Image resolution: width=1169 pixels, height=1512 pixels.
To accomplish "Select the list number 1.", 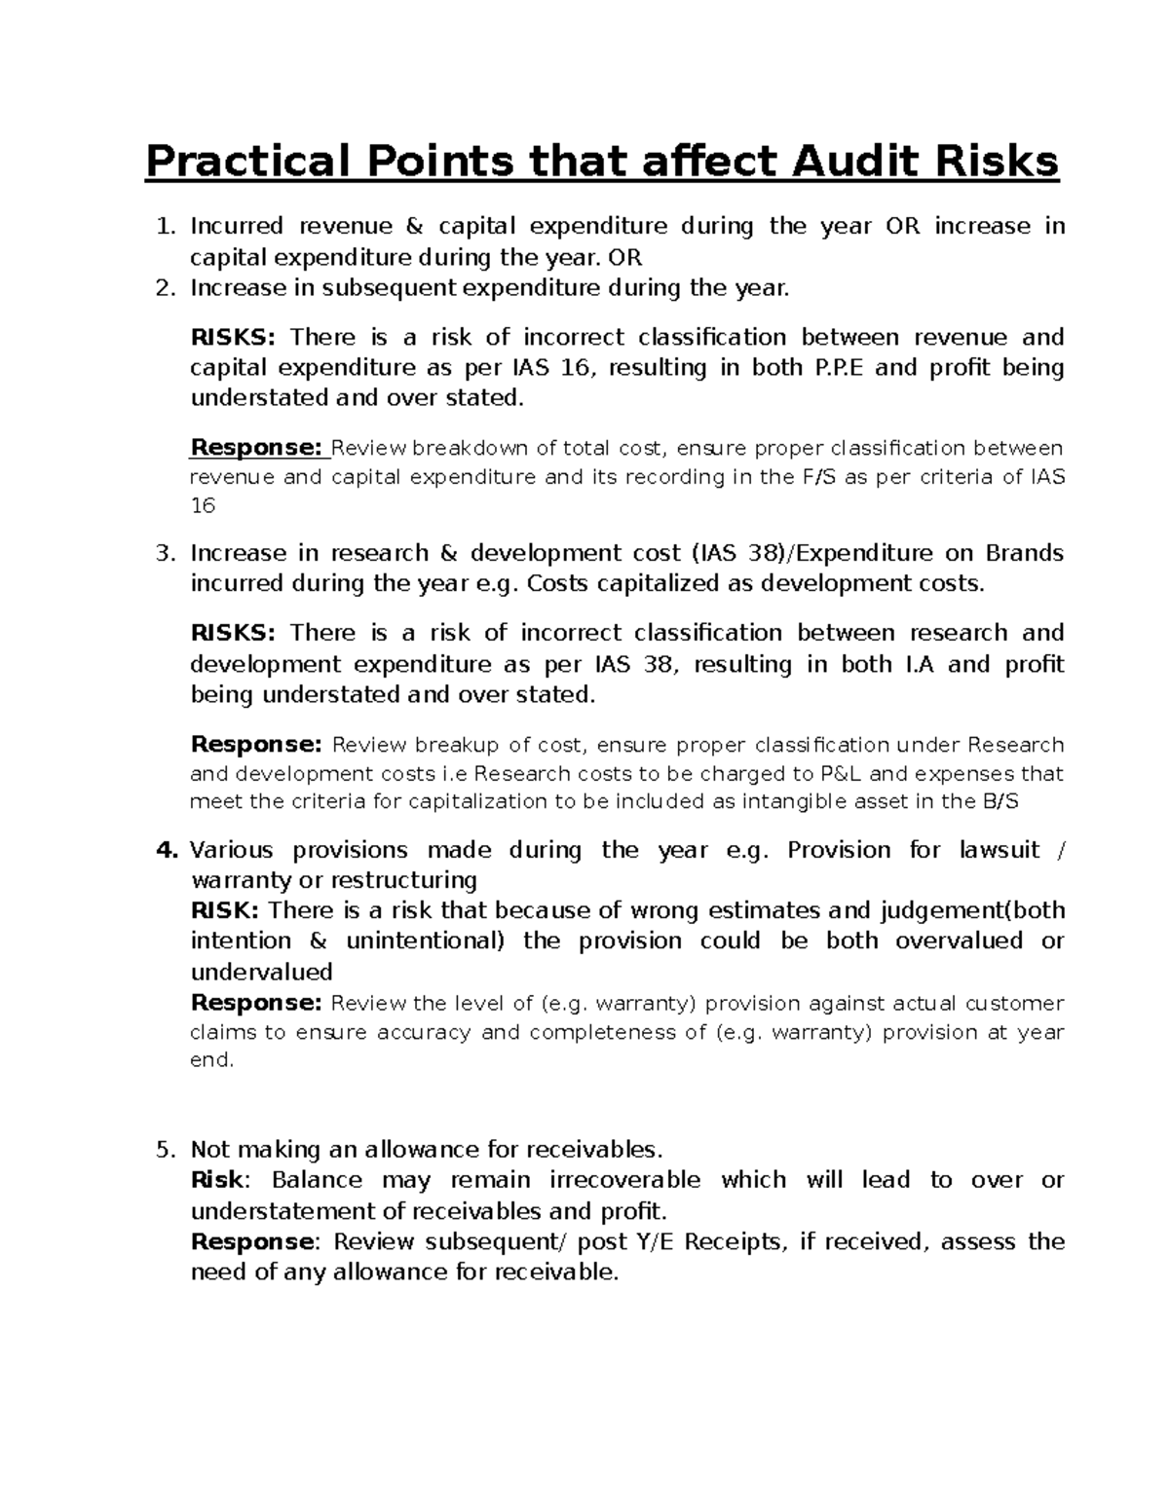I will click(165, 227).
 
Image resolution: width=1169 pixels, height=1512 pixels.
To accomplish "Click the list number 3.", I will click(165, 554).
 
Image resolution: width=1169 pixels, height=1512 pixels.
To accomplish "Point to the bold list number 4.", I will click(167, 850).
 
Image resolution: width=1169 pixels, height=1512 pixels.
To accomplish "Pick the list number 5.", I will click(165, 1150).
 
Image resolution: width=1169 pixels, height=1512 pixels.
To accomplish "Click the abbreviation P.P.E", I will click(836, 368).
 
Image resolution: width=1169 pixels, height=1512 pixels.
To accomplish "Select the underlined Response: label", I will click(257, 448).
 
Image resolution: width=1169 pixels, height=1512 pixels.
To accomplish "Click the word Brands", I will click(1025, 554).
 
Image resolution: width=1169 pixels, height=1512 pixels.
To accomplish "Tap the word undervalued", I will click(261, 972).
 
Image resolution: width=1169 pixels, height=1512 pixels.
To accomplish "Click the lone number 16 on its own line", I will click(202, 506).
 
